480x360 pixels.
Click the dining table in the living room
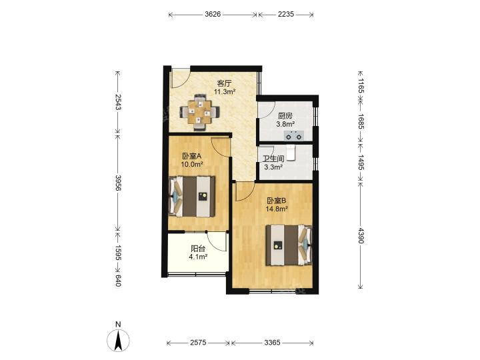click(x=199, y=112)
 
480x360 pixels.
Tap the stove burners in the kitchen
click(x=294, y=135)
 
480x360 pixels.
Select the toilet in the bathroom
click(x=291, y=153)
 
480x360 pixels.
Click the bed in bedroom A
click(x=192, y=196)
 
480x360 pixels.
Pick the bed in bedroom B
click(x=289, y=245)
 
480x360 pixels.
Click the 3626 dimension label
click(x=213, y=14)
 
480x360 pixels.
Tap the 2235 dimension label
click(x=286, y=14)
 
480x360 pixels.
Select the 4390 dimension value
click(x=361, y=236)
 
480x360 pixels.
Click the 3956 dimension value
click(x=118, y=183)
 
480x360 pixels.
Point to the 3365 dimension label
click(x=272, y=343)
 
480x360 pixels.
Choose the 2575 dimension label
click(x=199, y=343)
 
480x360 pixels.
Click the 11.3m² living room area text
click(x=225, y=91)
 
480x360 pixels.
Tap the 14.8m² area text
click(x=277, y=209)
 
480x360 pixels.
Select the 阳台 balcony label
click(x=198, y=249)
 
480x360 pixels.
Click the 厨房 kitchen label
click(x=285, y=116)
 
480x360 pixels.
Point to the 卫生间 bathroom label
click(x=273, y=159)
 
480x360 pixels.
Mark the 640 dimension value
click(x=118, y=281)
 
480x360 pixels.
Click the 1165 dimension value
click(x=361, y=86)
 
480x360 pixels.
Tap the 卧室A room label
click(x=192, y=156)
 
